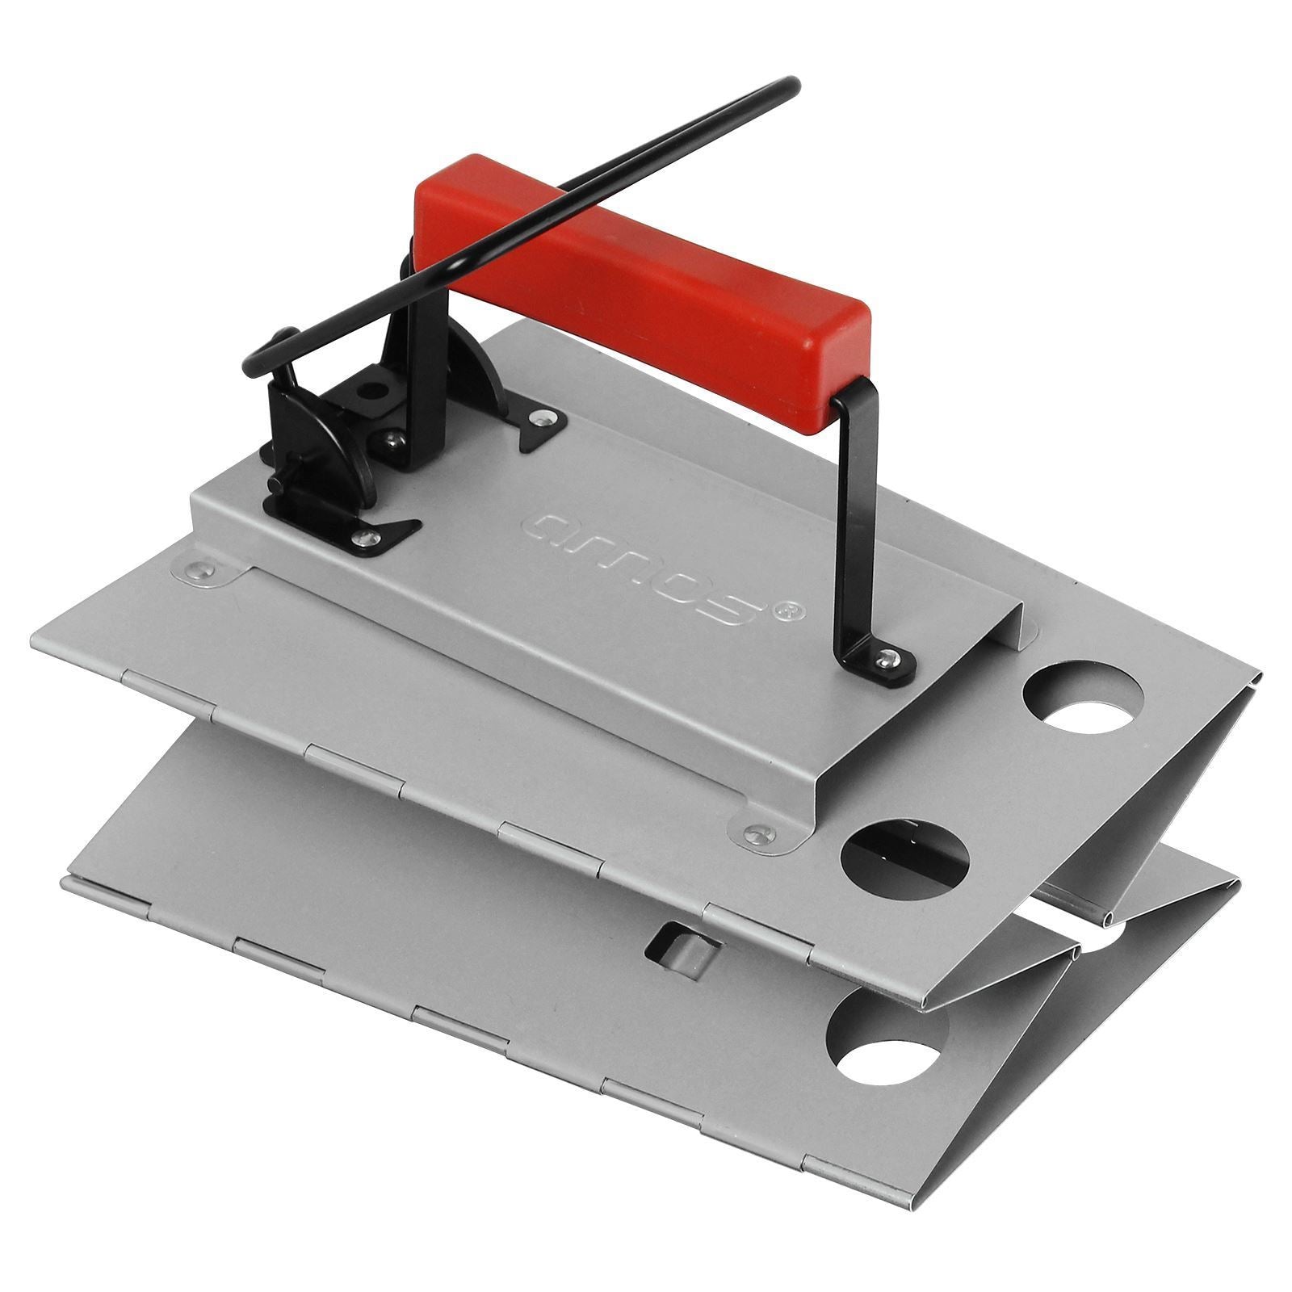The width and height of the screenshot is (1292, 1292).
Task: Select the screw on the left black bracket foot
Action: tap(367, 536)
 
